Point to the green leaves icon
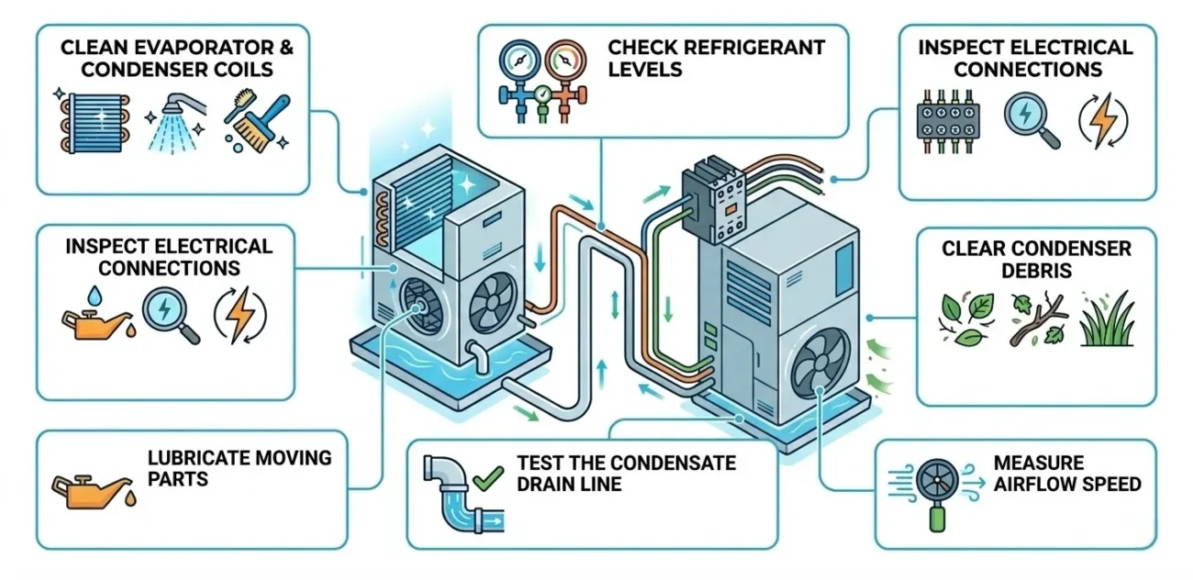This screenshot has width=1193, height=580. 962,318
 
